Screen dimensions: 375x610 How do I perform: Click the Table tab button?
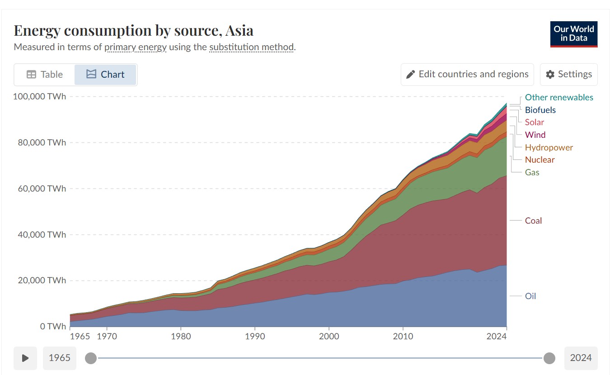45,75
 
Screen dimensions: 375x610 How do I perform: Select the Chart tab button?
105,75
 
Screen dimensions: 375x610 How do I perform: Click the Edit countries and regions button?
467,75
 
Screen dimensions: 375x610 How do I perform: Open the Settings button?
568,75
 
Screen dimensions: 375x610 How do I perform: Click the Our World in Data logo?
573,34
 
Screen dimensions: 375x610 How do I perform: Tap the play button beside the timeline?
25,358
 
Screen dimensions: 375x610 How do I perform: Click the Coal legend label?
533,221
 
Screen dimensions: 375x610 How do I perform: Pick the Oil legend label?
530,296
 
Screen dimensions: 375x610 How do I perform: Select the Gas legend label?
532,173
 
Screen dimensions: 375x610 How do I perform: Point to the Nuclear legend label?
540,160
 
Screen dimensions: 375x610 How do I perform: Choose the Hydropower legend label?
549,148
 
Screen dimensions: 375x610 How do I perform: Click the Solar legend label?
534,122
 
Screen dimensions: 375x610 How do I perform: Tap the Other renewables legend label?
559,98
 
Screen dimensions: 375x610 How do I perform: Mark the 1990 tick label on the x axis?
255,336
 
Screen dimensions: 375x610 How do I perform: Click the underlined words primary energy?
136,47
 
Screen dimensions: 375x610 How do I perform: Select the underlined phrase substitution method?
251,47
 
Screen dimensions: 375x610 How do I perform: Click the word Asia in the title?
239,31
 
